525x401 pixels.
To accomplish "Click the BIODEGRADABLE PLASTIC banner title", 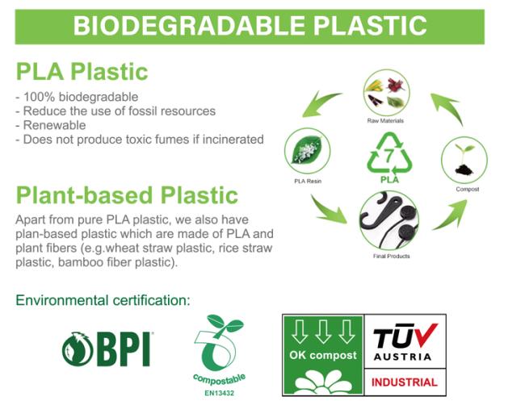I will [249, 26].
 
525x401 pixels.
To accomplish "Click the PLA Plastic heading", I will [82, 71].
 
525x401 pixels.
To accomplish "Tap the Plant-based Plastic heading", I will [127, 195].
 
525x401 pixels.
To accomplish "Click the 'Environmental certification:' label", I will [103, 300].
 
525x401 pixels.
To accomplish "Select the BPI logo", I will [107, 349].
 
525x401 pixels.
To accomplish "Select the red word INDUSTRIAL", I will [405, 382].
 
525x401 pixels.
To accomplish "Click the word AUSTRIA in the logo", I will [405, 356].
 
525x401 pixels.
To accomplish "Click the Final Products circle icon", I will [388, 219].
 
